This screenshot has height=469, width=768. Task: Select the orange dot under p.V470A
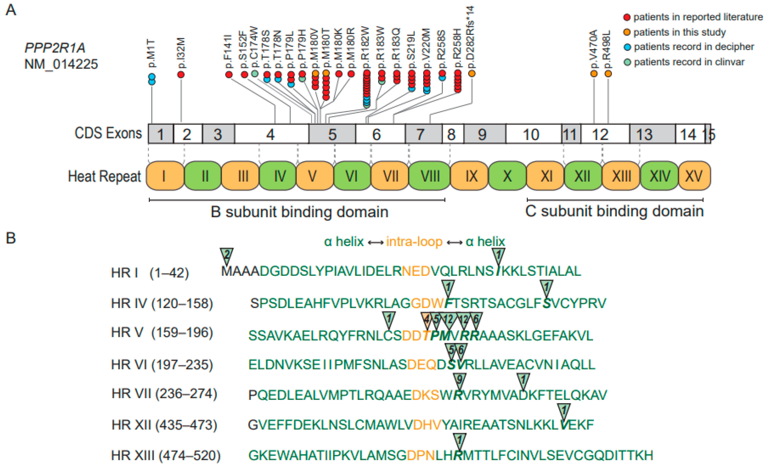(x=594, y=74)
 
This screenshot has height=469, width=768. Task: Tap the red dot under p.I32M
(x=181, y=74)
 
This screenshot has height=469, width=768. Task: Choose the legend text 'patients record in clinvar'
(x=689, y=62)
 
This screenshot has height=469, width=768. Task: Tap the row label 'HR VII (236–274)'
(x=164, y=394)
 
